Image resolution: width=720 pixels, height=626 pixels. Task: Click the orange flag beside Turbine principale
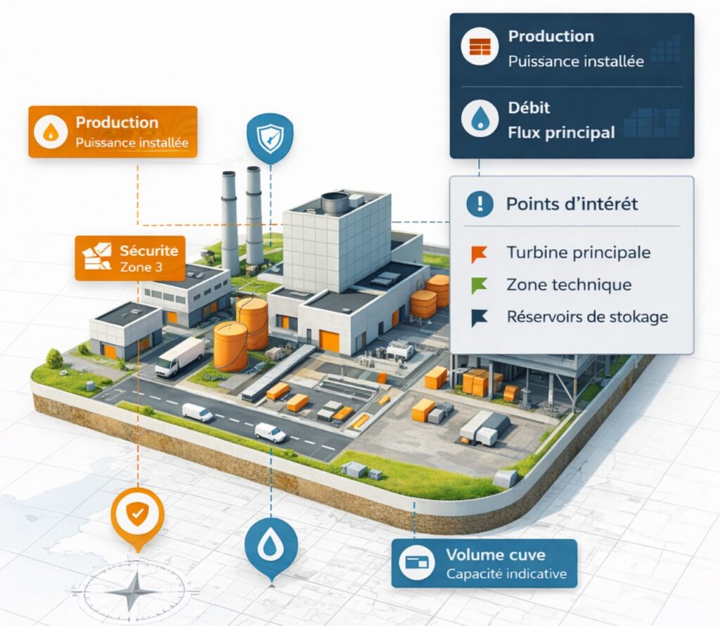click(479, 254)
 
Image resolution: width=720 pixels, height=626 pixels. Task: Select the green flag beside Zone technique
click(479, 286)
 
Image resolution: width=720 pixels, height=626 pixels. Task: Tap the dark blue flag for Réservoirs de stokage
click(479, 318)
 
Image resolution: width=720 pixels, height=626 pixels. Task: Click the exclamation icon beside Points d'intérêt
click(480, 204)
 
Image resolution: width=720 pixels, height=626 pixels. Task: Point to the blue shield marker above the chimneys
click(269, 138)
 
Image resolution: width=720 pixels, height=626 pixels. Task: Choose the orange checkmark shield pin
click(137, 516)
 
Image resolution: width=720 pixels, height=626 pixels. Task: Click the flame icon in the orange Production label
click(51, 132)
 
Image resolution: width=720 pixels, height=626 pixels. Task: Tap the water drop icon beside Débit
click(480, 119)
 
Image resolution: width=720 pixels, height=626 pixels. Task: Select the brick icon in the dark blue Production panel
click(480, 47)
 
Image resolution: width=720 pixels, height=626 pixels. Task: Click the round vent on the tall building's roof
click(335, 203)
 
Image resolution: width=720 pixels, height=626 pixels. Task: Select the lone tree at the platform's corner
click(54, 359)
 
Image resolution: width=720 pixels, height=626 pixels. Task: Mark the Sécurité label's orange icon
click(97, 257)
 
